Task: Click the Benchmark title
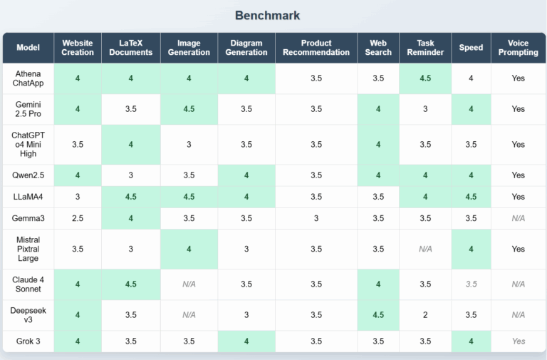pos(267,15)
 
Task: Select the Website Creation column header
pos(78,48)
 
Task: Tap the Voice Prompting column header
pos(518,48)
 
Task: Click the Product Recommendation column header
pos(316,48)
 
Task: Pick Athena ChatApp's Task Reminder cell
pos(425,78)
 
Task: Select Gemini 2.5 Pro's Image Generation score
pos(189,109)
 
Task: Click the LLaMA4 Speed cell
pos(471,197)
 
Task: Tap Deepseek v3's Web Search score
pos(378,315)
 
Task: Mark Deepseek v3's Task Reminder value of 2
pos(425,315)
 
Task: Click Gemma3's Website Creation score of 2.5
pos(78,219)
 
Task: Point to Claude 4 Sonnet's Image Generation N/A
pos(189,284)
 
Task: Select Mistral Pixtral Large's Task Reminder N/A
pos(425,250)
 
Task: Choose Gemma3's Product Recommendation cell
pos(316,219)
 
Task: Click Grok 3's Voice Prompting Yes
pos(518,341)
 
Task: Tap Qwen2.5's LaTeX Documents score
pos(131,175)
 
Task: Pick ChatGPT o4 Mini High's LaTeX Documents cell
pos(131,145)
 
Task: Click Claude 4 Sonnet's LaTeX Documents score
pos(131,284)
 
